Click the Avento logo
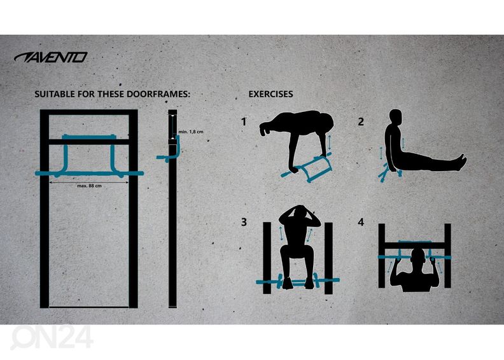pos(51,57)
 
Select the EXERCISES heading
pos(270,94)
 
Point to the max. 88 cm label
pos(89,186)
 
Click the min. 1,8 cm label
pos(191,132)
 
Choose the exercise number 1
pos(244,121)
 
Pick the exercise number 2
pos(361,121)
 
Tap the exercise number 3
pos(244,222)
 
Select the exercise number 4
pos(361,222)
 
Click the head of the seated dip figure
pos(395,117)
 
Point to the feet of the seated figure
pos(461,162)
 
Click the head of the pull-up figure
pos(418,258)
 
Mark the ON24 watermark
pos(52,337)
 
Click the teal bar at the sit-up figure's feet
pos(298,282)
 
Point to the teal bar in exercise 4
pos(415,256)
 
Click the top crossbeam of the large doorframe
pos(88,112)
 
